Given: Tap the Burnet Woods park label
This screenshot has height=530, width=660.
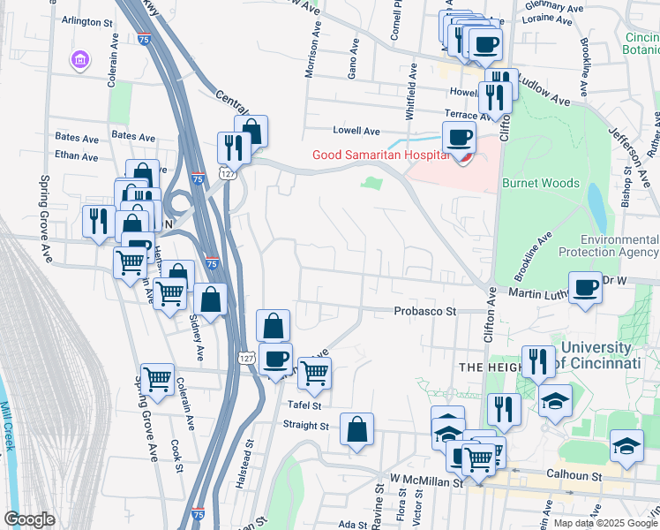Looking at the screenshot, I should click(x=540, y=183).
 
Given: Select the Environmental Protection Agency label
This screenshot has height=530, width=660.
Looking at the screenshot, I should click(x=619, y=246).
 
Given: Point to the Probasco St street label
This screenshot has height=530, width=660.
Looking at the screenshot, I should click(x=424, y=311).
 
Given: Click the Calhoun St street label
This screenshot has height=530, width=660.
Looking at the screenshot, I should click(x=574, y=476).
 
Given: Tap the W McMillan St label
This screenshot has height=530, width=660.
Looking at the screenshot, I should click(x=427, y=481).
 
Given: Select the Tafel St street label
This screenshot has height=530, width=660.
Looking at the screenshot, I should click(x=305, y=405).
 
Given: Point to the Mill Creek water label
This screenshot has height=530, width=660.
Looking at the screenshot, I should click(x=9, y=428).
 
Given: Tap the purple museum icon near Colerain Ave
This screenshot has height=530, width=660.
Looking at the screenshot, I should click(x=80, y=59).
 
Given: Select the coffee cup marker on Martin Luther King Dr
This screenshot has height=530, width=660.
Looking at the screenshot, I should click(x=584, y=289).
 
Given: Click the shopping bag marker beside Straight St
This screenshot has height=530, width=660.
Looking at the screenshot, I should click(x=356, y=430).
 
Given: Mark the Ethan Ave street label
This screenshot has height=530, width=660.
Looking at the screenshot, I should click(x=76, y=156).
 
